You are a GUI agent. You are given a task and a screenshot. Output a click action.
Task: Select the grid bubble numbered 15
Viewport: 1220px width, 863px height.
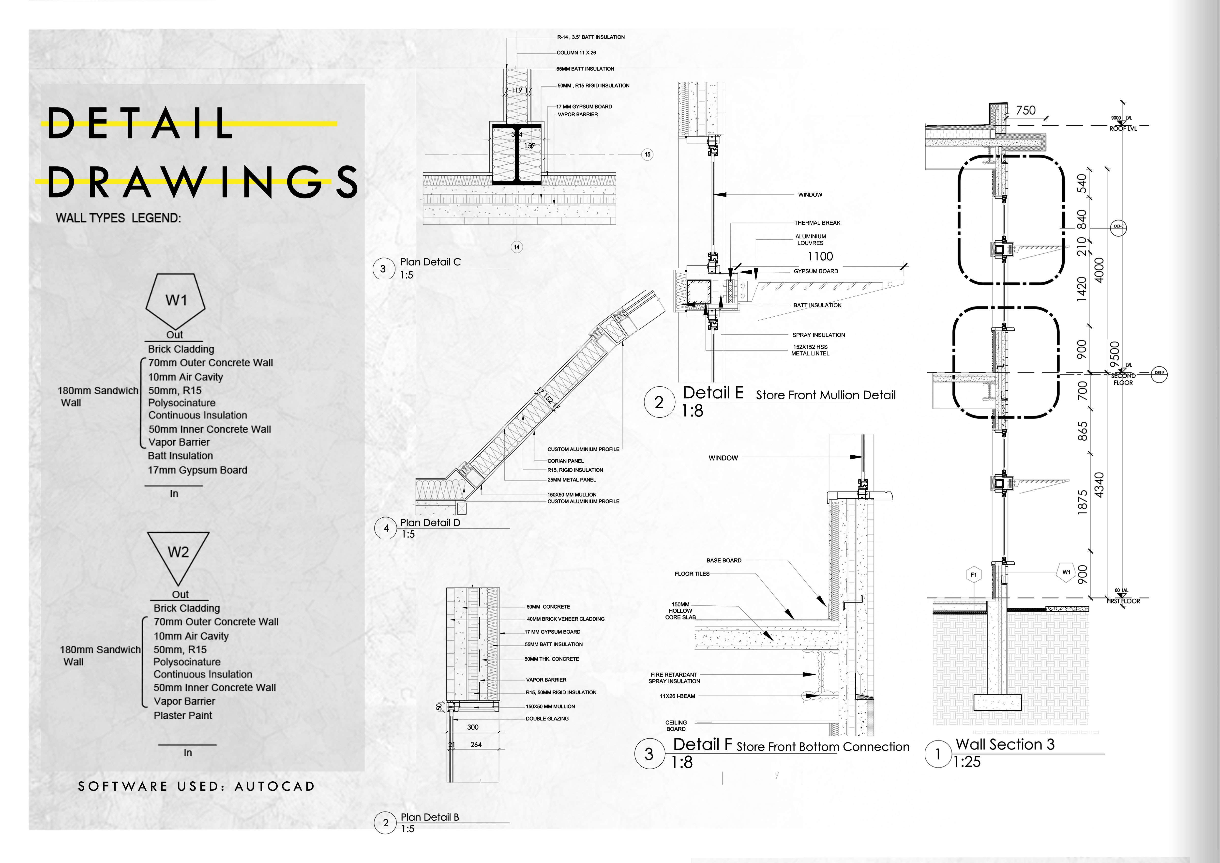[647, 155]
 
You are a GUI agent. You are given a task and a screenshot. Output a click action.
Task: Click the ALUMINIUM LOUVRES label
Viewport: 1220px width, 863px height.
[810, 240]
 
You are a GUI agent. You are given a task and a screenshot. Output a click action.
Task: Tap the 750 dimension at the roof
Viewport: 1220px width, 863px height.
[1025, 110]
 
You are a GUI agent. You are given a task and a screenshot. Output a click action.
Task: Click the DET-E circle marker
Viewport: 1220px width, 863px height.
[1118, 226]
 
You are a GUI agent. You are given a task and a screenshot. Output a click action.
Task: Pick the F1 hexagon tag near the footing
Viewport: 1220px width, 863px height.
[973, 574]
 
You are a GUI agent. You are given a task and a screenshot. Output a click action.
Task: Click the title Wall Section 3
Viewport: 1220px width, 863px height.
[1005, 744]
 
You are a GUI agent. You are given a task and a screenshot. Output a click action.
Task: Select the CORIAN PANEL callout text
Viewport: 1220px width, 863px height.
[565, 461]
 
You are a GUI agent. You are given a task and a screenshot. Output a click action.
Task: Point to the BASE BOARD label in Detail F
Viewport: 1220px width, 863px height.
[724, 561]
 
